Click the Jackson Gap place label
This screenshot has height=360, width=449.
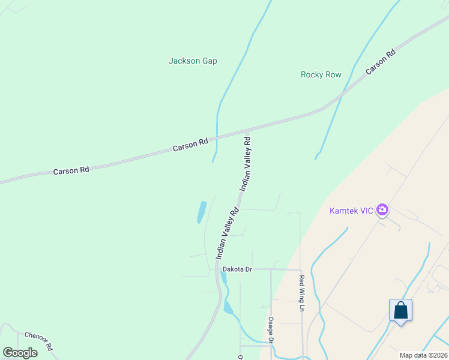tap(193, 61)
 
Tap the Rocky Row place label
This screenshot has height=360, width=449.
tap(321, 74)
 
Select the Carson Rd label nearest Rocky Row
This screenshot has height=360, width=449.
tap(381, 61)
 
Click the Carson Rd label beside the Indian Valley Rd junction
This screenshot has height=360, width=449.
tap(190, 144)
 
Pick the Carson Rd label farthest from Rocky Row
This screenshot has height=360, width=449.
tap(71, 170)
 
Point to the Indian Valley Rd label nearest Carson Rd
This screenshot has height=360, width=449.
tap(246, 163)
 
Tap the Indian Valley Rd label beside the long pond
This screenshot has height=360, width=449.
tap(228, 233)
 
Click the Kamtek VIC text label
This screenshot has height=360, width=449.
tap(351, 211)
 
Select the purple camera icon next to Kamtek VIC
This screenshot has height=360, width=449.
tap(382, 211)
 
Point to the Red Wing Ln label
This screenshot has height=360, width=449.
tap(302, 293)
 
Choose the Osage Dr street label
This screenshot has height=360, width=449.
tap(271, 330)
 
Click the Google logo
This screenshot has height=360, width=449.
tap(20, 352)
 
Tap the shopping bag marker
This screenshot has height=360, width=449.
tap(400, 311)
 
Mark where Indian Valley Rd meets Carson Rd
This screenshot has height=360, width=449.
tap(247, 129)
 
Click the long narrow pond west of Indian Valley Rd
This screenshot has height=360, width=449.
tap(202, 212)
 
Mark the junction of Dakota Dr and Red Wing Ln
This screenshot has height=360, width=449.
tap(300, 269)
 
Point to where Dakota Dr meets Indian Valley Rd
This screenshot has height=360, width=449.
tap(217, 269)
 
